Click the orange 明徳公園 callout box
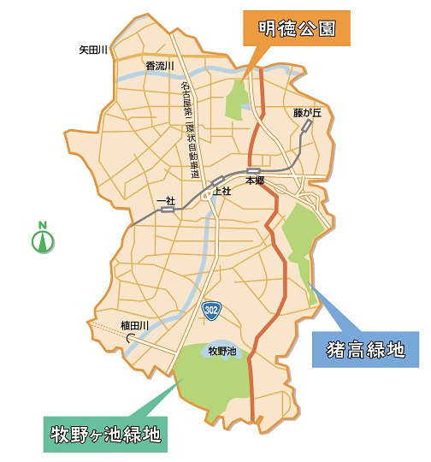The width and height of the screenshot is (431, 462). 297,28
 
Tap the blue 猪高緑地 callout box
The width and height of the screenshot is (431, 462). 365,349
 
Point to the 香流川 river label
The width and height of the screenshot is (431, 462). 160,66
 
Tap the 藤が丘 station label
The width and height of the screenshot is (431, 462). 306,111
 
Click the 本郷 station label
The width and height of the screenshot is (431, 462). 255,181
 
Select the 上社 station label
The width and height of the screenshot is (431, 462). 221,191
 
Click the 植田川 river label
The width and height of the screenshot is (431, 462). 135,325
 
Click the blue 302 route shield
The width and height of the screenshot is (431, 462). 211,309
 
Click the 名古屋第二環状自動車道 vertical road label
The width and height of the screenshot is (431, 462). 190,128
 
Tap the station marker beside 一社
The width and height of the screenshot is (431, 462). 167,209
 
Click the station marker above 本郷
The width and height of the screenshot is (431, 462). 253,171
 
